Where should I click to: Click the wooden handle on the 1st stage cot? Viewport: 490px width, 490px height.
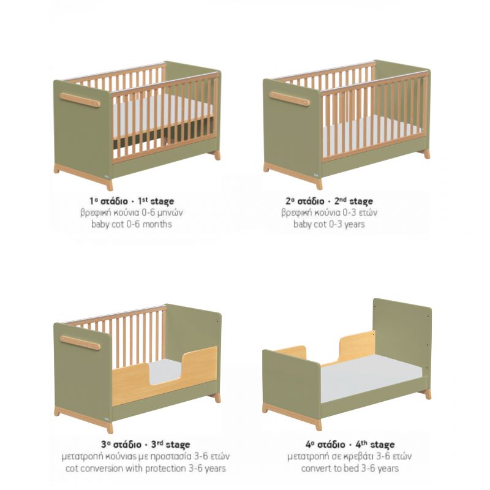point(80,100)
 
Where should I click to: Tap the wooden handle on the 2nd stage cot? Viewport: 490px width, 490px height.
point(289,99)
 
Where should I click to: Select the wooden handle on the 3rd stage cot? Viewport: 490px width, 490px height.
point(80,342)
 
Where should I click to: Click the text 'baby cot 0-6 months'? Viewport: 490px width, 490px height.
point(132,224)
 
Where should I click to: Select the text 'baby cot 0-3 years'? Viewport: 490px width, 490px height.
point(329,224)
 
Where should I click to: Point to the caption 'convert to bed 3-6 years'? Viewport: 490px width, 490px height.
point(350,469)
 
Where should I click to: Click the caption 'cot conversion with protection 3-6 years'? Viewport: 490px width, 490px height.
point(145,469)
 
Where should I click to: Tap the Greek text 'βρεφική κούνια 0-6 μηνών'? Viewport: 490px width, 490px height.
point(132,213)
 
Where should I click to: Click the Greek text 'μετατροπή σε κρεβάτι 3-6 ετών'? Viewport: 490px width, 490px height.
point(350,456)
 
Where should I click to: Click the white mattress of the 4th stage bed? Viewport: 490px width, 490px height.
point(371,378)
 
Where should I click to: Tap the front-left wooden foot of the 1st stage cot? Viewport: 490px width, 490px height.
point(110,185)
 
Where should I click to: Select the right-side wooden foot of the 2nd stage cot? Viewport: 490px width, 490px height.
point(426,154)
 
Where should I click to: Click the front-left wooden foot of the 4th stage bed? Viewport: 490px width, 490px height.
point(318,424)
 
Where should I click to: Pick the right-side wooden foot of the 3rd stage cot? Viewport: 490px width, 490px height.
point(217,398)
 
